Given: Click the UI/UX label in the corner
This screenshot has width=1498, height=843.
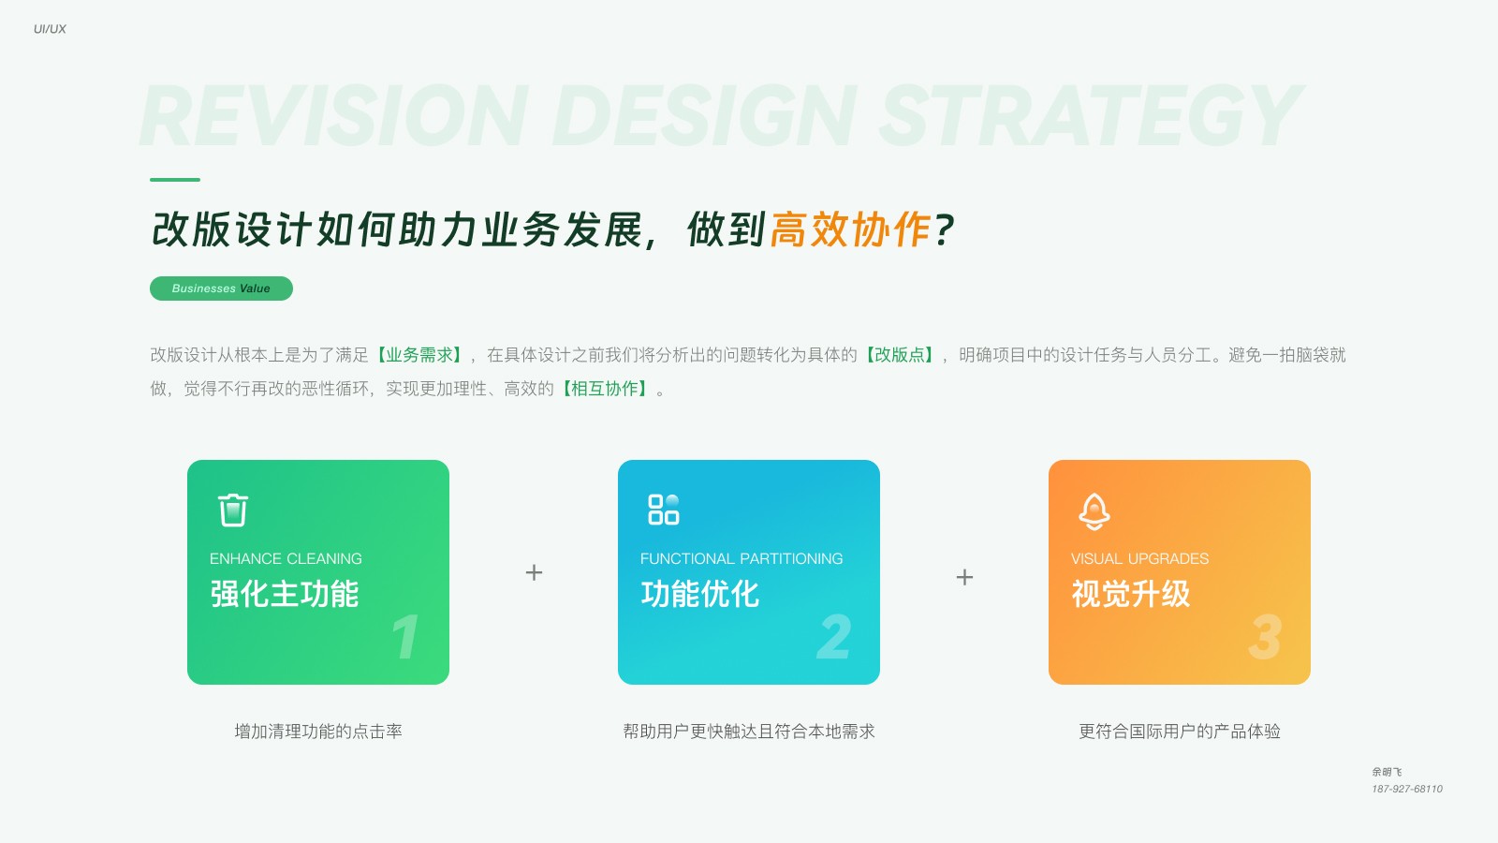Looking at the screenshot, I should coord(50,29).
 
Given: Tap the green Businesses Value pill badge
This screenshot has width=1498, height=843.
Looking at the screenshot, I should coord(221,288).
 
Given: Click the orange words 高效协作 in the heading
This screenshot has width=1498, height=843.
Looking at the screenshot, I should coord(850,229).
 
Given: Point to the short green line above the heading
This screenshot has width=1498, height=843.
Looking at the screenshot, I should coord(175,179).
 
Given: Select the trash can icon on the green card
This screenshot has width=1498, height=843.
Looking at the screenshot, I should coord(233,510).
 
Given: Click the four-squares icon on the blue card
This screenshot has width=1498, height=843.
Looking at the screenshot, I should coord(664,510).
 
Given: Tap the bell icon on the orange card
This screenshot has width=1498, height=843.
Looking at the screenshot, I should coord(1094,511).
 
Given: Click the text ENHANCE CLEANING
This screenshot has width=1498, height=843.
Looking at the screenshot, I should coord(286,558).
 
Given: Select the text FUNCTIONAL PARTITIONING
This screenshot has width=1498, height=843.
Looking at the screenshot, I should coord(742,558).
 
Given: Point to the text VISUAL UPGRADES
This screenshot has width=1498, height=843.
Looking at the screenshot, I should coord(1139,558).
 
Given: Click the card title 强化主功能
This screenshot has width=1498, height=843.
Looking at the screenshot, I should coord(285,594).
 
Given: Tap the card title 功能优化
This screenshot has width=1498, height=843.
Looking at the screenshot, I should coord(700,594).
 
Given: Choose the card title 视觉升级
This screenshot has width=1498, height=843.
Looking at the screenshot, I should coord(1131,594).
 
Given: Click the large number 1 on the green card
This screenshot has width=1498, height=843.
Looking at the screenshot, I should coord(405,637).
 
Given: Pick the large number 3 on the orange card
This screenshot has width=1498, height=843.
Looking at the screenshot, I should coord(1265,637).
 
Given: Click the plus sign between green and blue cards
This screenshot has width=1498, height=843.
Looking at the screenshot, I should coord(534,572).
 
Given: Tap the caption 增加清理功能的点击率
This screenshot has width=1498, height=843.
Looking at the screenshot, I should coord(318,732).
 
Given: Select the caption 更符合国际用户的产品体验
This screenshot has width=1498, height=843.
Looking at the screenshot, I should coord(1180,732).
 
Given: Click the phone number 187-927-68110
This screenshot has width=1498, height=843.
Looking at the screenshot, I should coord(1407,789).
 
